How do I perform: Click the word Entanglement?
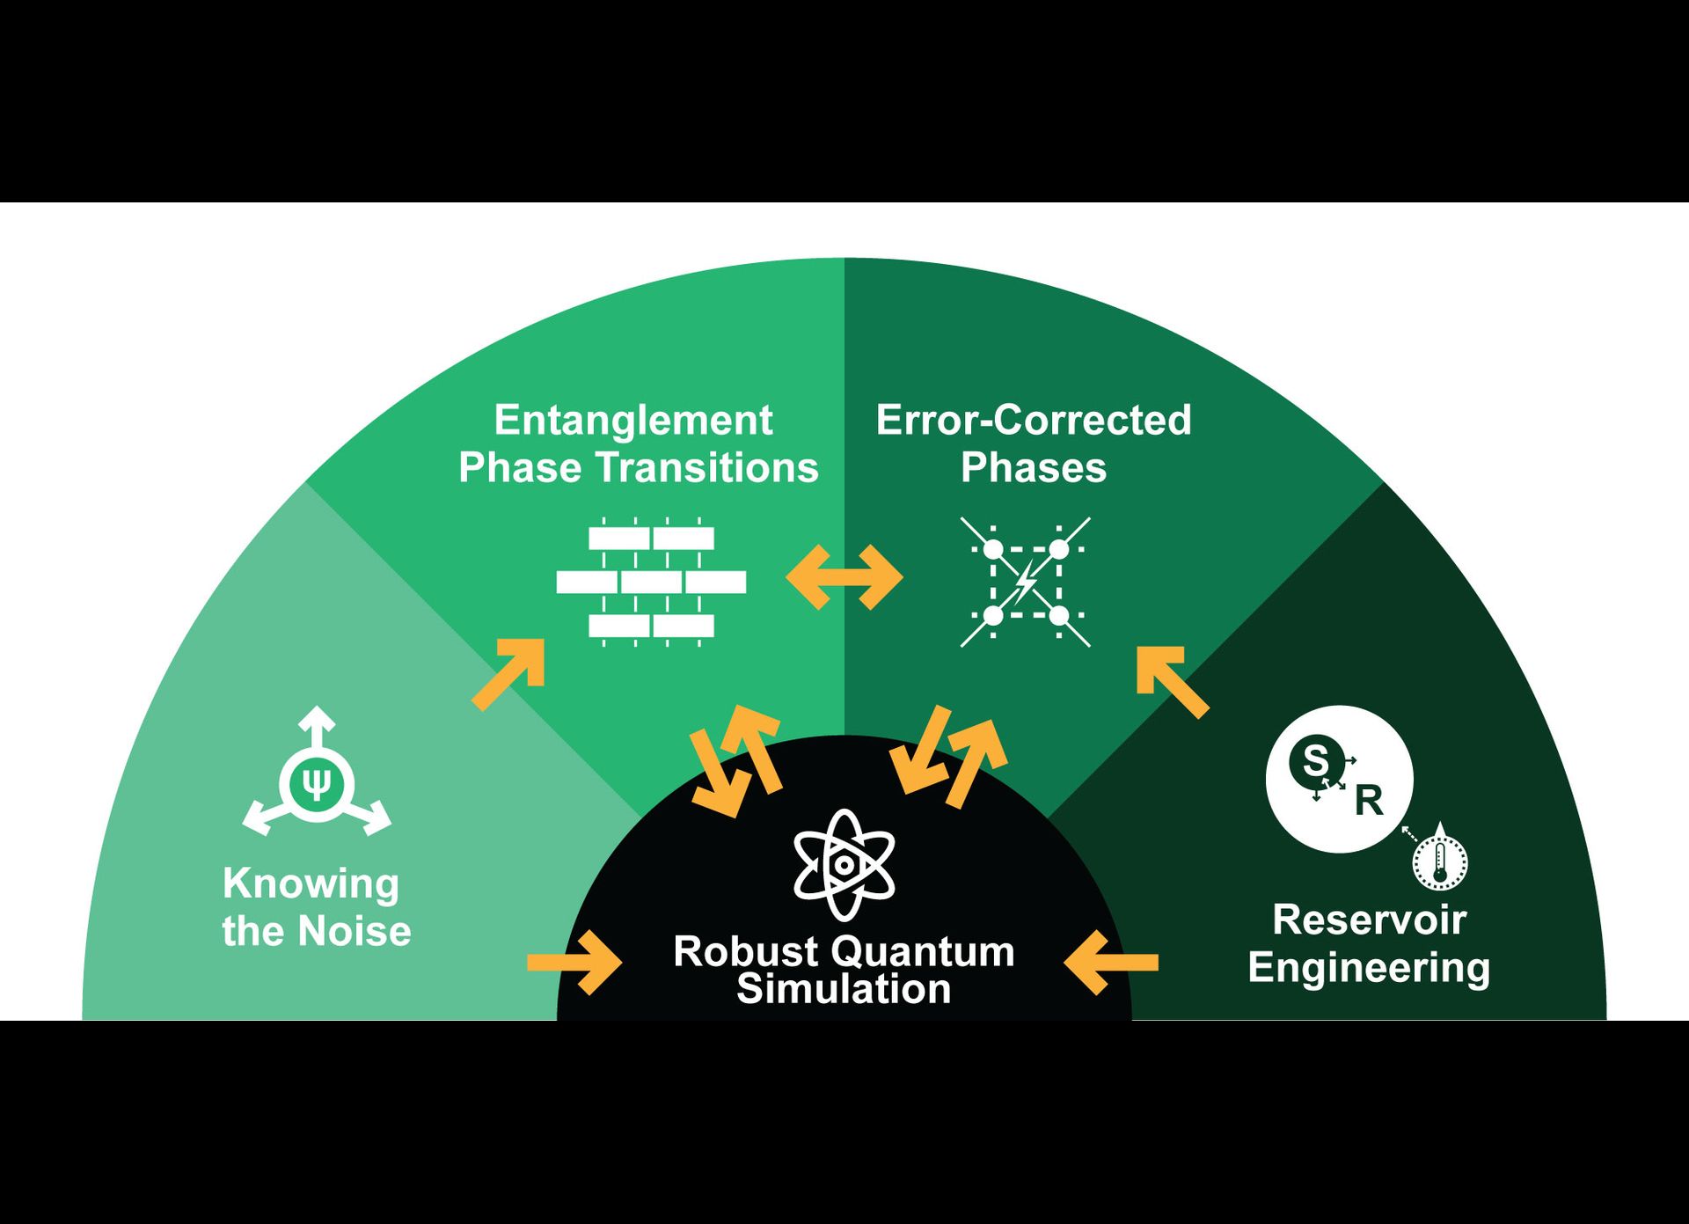[632, 421]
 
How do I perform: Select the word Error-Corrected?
[1033, 420]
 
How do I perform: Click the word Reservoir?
[1369, 920]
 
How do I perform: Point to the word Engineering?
[1369, 968]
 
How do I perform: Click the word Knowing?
[311, 883]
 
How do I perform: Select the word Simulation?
[844, 989]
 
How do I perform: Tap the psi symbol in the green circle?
[317, 782]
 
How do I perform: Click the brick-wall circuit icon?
[651, 582]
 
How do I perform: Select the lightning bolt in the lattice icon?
[1026, 582]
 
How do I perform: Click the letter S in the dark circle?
[1315, 759]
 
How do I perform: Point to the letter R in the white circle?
[1369, 801]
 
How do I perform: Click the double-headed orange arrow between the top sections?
[844, 577]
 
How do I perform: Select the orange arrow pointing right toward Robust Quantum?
[575, 963]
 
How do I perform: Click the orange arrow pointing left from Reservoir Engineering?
[1110, 963]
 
